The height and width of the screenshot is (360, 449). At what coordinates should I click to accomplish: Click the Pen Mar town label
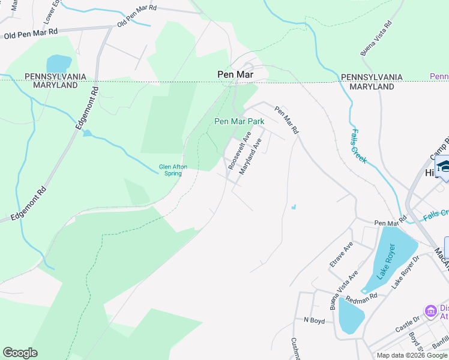coord(235,74)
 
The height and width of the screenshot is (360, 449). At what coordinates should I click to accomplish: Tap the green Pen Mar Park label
coord(240,121)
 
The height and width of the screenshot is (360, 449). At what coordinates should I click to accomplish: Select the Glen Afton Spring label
coord(170,170)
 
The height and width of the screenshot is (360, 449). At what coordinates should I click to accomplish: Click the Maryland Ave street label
coord(251,157)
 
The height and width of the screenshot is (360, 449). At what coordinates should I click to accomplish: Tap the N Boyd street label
coord(314,320)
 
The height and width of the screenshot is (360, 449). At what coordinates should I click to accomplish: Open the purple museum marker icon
coord(430,311)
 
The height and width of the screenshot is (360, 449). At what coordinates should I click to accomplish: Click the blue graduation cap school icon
coord(443,166)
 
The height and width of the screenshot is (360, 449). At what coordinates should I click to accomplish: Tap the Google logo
coord(20,353)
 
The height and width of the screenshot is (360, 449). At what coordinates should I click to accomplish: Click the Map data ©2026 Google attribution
coord(412,355)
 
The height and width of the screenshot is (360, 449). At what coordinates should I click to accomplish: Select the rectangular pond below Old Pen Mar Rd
coord(59,63)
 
